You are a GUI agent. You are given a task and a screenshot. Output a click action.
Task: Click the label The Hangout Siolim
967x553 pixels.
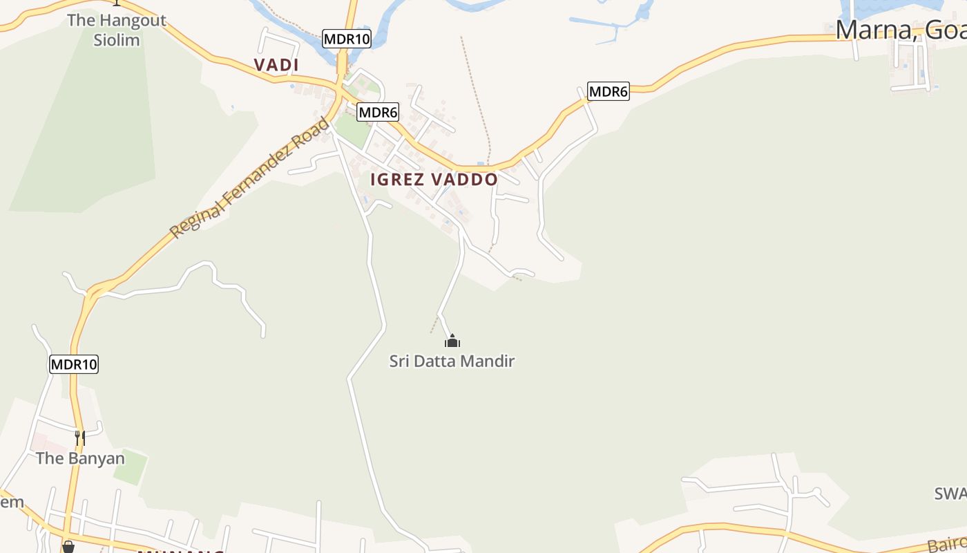[117, 30]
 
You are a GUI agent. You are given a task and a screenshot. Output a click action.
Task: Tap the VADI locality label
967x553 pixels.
[276, 65]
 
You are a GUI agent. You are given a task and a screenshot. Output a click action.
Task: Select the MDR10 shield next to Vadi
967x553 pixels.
[347, 39]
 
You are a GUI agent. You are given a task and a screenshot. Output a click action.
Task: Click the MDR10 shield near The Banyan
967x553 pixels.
[74, 364]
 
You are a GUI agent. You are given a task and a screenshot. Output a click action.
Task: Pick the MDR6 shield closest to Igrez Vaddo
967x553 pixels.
[378, 112]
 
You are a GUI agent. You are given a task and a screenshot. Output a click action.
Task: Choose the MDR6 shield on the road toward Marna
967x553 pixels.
[609, 91]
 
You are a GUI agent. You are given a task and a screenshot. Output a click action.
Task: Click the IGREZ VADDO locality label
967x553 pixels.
[434, 180]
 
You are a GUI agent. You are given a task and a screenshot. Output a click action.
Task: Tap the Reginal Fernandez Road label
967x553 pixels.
[250, 178]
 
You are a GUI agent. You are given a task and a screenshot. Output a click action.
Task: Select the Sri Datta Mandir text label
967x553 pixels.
[452, 361]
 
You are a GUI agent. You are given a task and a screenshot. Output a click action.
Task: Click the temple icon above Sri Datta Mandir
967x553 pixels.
[452, 341]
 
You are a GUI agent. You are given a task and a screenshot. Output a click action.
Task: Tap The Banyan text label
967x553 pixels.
[80, 458]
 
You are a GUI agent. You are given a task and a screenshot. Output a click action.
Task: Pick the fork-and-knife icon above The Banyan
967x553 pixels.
[80, 438]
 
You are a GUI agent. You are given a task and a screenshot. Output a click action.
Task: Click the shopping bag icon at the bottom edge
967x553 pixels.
[68, 547]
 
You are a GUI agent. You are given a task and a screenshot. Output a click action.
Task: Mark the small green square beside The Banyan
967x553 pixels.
[131, 467]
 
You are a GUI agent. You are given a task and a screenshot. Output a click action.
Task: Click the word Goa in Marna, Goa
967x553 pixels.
[946, 30]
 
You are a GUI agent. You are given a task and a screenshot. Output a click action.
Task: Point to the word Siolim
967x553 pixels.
[117, 40]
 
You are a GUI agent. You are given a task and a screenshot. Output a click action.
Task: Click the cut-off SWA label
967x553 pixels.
[950, 494]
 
